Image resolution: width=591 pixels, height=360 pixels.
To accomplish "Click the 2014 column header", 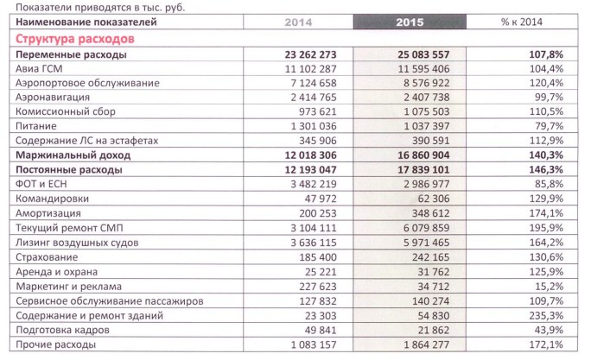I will coord(298,22).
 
